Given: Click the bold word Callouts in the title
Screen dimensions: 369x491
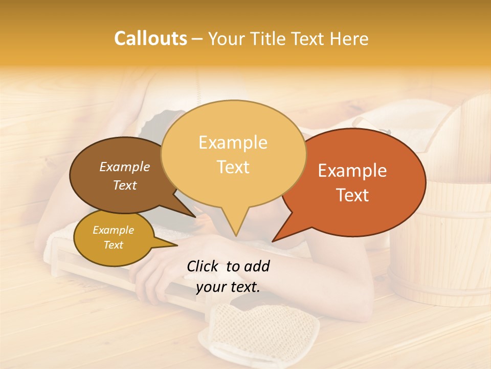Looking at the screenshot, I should pyautogui.click(x=150, y=38).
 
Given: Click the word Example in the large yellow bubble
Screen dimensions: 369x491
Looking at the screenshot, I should pyautogui.click(x=233, y=142).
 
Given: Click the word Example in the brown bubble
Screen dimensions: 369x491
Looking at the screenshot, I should pyautogui.click(x=125, y=167).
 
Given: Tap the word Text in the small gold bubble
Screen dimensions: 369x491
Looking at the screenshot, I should pyautogui.click(x=114, y=245).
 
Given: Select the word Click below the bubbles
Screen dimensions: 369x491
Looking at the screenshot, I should pyautogui.click(x=203, y=266).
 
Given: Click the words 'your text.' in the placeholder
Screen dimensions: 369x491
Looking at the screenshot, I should pyautogui.click(x=228, y=288).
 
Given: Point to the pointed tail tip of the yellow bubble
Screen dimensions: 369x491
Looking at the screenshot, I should pyautogui.click(x=236, y=236).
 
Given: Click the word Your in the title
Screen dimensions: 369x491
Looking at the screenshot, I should pyautogui.click(x=226, y=39).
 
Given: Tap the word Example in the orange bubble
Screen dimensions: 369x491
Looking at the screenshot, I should pyautogui.click(x=352, y=171).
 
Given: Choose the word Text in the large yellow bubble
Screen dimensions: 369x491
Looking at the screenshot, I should pyautogui.click(x=233, y=167).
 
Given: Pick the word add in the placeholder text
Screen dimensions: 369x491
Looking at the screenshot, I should pyautogui.click(x=257, y=266).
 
